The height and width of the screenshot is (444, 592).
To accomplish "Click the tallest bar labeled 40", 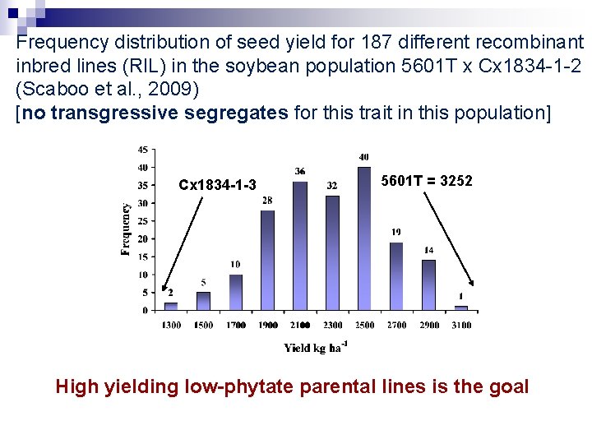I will pyautogui.click(x=364, y=238).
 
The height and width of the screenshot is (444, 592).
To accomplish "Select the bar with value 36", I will pyautogui.click(x=299, y=246).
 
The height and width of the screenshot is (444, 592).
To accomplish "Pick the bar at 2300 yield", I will pyautogui.click(x=332, y=252).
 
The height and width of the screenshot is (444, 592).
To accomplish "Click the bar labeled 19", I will pyautogui.click(x=396, y=276).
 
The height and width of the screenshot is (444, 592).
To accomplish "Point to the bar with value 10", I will pyautogui.click(x=235, y=292).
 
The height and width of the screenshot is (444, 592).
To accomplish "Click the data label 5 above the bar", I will pyautogui.click(x=203, y=283).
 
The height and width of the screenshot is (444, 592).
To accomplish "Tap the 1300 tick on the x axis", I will pyautogui.click(x=171, y=326).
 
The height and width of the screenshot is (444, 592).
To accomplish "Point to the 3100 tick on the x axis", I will pyautogui.click(x=461, y=326).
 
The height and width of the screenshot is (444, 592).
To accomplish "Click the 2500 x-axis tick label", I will pyautogui.click(x=364, y=326).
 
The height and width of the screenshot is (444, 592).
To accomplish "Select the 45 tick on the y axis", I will pyautogui.click(x=143, y=150).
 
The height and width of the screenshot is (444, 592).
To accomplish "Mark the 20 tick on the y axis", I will pyautogui.click(x=143, y=239).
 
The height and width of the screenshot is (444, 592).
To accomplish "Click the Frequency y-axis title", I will pyautogui.click(x=126, y=229).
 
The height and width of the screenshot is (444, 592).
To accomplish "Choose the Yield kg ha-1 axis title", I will pyautogui.click(x=316, y=347).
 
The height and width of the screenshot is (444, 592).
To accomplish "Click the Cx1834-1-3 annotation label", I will pyautogui.click(x=217, y=184).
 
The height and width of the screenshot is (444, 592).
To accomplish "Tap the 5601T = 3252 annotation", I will pyautogui.click(x=428, y=181).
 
